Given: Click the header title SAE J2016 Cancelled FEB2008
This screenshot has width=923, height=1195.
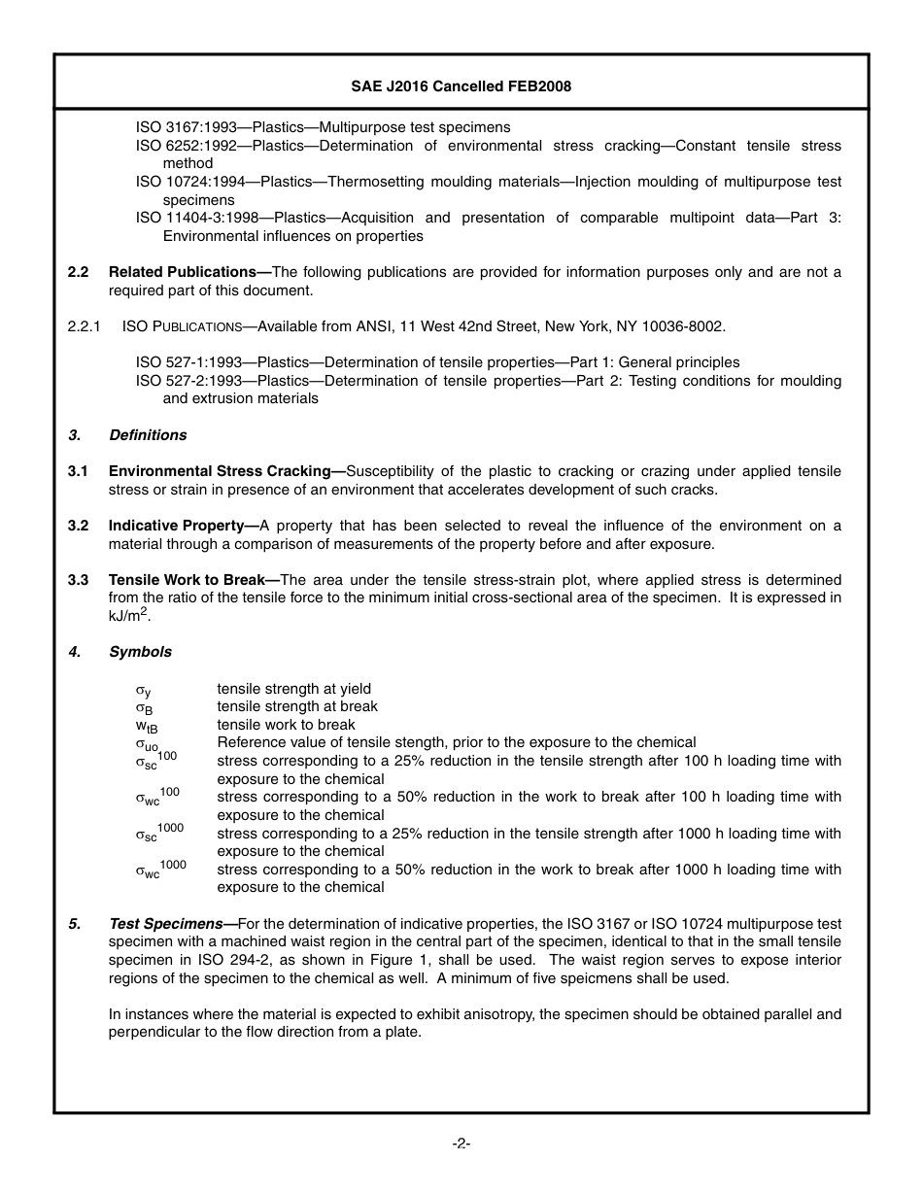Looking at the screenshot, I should click(461, 86).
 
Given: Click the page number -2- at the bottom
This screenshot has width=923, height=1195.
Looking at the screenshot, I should click(461, 1144).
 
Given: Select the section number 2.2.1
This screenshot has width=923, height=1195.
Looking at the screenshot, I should click(85, 325).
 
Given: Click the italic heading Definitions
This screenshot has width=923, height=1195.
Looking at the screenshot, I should click(148, 434).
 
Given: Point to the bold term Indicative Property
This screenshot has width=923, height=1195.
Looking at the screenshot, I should click(181, 526).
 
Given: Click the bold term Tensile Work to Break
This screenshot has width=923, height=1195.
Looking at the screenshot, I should click(191, 580).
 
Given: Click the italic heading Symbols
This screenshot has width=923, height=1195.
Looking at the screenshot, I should click(140, 652).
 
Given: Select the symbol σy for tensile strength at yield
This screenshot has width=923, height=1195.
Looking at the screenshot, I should click(143, 691).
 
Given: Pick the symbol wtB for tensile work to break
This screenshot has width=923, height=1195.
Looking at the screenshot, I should click(147, 726).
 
